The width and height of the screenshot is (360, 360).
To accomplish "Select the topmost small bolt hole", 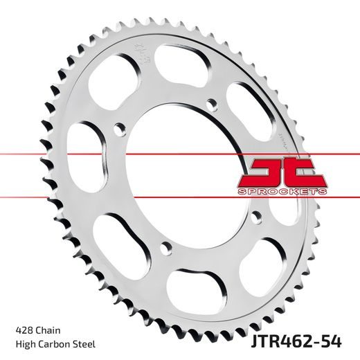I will click(213, 104).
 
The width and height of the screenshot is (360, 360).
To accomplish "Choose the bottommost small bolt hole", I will click(164, 246).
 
